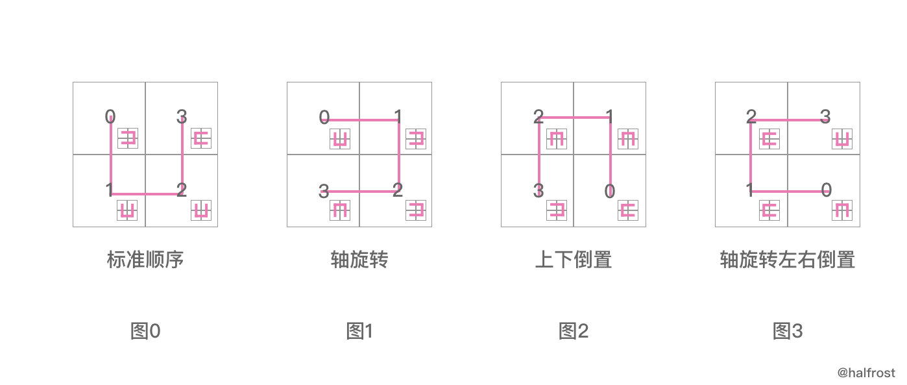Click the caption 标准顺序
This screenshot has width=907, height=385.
(145, 260)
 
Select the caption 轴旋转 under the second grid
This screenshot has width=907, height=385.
(359, 260)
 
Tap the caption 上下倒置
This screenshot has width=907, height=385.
(573, 260)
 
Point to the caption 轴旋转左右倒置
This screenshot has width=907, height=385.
(787, 260)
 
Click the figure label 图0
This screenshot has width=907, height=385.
(145, 331)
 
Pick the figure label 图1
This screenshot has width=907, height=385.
(359, 331)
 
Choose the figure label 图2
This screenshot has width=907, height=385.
(574, 331)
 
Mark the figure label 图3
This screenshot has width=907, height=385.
(788, 331)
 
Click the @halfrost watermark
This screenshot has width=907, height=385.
(865, 373)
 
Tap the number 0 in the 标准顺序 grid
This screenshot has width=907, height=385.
(110, 117)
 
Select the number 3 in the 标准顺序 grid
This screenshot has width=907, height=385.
(182, 117)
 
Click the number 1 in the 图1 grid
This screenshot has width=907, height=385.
(398, 117)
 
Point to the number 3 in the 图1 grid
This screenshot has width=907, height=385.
(324, 192)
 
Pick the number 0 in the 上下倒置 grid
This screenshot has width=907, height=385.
(610, 192)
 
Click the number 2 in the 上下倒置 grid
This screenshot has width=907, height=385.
(538, 117)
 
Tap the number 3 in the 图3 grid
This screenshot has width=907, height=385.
(825, 117)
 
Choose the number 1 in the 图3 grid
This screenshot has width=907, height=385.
(750, 190)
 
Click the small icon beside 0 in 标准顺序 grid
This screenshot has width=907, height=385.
(128, 138)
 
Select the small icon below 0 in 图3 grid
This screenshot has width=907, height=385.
(841, 210)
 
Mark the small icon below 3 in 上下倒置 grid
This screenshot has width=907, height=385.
(556, 210)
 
